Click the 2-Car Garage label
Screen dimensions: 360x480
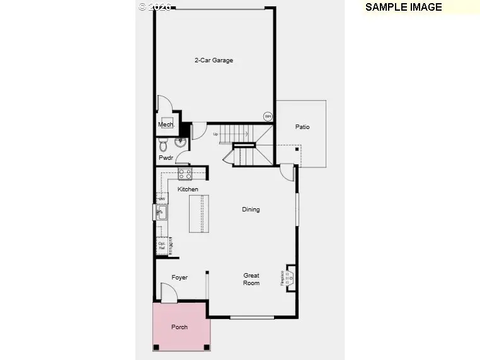point(214,60)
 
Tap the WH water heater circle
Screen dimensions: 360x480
point(268,116)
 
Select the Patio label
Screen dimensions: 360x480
point(302,127)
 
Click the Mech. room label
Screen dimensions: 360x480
point(165,125)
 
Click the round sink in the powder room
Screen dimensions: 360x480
point(180,142)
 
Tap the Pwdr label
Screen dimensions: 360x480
point(166,158)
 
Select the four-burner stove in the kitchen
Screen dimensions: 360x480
point(185,173)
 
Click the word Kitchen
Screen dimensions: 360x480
point(188,189)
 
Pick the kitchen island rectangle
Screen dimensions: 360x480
point(198,214)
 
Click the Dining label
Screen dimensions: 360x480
point(251,210)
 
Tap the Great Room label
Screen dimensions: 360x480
point(251,279)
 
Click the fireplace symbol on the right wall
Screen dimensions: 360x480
point(290,277)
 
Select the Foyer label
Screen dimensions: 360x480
point(180,278)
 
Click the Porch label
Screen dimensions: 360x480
point(180,327)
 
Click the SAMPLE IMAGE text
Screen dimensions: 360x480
point(404,8)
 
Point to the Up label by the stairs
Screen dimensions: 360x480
point(215,134)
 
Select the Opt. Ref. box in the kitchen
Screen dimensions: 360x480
point(162,245)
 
